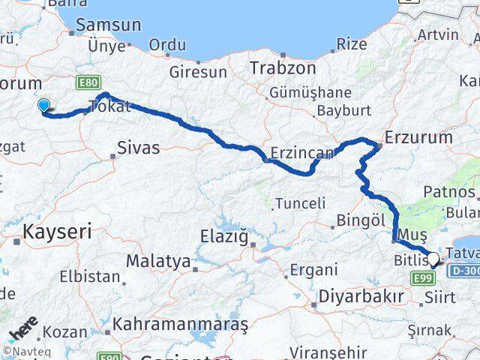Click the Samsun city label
pos(108,24)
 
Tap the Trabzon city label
pos(272,66)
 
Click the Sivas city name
pos(139,148)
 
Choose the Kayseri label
pos(58,232)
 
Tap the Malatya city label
pos(158,261)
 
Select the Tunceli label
pos(300,202)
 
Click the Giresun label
pos(198,73)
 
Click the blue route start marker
pos(44,106)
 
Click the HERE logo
pos(22,329)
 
